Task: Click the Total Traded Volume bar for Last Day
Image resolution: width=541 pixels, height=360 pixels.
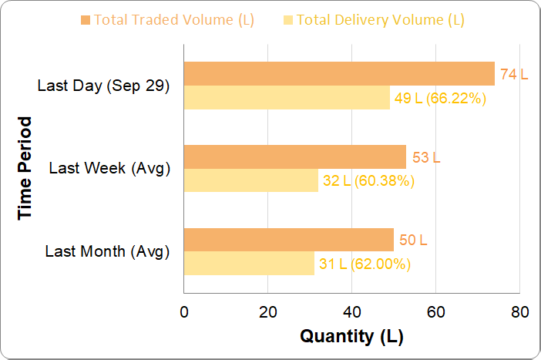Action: [x=338, y=74]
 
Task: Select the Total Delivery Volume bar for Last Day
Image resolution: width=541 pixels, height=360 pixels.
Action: [x=287, y=98]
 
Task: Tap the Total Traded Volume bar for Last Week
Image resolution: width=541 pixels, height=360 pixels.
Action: [x=294, y=157]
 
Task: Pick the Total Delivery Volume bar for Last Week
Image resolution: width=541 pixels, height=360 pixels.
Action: [x=250, y=181]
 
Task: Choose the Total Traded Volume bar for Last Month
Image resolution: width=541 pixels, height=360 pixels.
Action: [x=288, y=240]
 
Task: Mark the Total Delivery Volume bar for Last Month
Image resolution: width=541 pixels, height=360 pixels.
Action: [x=248, y=264]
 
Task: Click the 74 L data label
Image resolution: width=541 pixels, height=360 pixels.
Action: [x=514, y=75]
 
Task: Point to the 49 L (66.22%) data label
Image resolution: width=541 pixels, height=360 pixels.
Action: [x=439, y=98]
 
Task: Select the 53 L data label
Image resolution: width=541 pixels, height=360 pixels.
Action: [x=426, y=158]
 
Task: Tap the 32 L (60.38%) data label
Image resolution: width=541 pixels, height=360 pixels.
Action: [x=369, y=181]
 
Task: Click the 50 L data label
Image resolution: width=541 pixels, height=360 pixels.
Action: [x=413, y=241]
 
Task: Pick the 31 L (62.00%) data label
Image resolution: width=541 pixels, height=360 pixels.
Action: [x=364, y=264]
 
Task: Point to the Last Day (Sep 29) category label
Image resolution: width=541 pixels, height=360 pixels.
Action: [x=103, y=86]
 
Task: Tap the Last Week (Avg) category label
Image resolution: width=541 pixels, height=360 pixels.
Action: [x=109, y=168]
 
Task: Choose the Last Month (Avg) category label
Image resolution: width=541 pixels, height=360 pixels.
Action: [x=107, y=251]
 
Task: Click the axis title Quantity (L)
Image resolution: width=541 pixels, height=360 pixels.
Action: [x=351, y=336]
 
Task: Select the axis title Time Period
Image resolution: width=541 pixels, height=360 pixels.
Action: [x=25, y=168]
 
